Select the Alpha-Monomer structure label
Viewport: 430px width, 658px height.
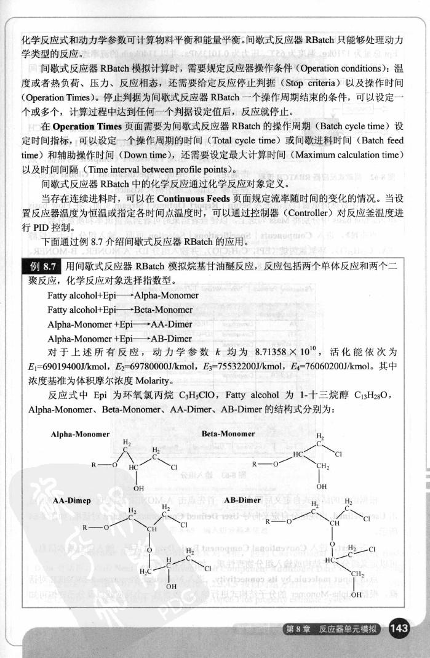click(80, 434)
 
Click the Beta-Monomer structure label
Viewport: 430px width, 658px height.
click(228, 434)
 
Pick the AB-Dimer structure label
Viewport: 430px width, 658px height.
click(242, 500)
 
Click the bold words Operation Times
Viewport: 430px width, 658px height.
click(82, 126)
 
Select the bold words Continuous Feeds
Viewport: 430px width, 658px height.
click(189, 199)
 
